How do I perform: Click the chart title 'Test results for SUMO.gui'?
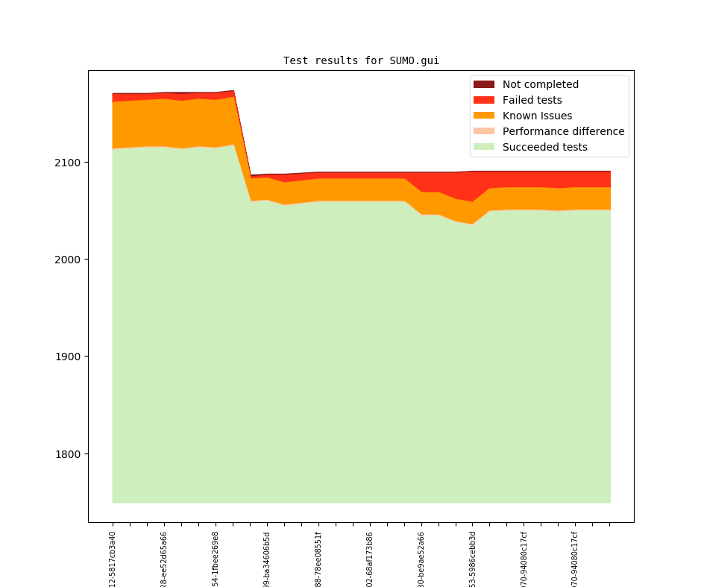366,60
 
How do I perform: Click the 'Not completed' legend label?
540,84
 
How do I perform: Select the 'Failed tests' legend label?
532,100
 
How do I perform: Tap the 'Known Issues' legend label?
537,116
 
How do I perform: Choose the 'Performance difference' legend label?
563,131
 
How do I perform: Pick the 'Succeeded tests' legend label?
544,147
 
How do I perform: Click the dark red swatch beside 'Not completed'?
483,84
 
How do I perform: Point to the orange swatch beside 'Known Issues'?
483,116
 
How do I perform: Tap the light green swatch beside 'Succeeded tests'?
483,147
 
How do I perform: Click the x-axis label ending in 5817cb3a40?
113,559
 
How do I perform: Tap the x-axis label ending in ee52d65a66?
164,559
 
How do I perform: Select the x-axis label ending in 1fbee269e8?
216,559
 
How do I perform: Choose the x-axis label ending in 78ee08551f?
318,559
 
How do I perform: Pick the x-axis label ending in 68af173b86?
370,559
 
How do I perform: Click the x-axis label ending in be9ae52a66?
421,559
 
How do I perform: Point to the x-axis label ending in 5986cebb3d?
473,559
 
